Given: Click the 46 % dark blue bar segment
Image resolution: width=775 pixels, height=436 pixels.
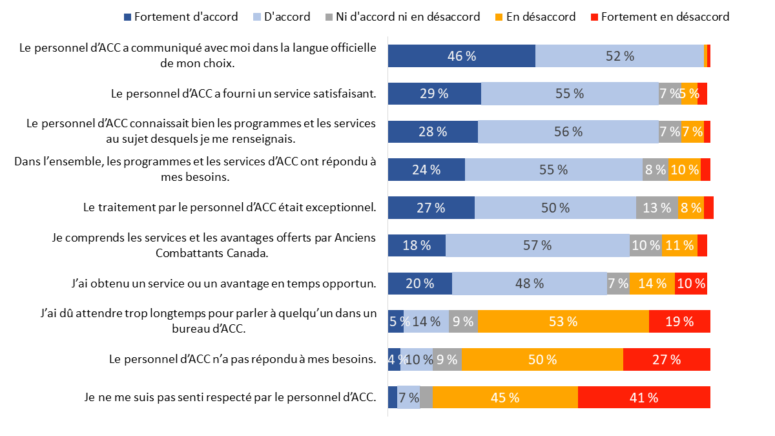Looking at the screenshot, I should coord(461,56).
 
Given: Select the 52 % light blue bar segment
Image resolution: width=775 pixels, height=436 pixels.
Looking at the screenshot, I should coord(619,56).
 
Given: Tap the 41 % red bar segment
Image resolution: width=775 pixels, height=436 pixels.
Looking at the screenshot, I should coord(644,397).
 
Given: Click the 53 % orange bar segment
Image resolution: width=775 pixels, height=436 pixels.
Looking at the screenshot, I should coord(563,321).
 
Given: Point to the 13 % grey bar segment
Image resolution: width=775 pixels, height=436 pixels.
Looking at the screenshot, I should coord(657,208).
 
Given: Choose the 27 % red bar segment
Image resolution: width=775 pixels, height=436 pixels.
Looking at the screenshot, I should coord(666,359).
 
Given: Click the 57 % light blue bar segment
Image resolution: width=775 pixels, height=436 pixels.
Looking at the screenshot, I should coord(537,245).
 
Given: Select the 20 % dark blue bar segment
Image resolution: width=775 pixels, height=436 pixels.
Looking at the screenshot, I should coord(420,284).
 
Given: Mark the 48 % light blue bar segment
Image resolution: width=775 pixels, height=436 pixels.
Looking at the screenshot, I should coord(530,284).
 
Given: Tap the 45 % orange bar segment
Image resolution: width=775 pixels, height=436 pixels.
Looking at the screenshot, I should coord(505,397).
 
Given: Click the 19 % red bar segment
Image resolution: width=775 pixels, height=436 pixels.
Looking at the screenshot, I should coord(679,321).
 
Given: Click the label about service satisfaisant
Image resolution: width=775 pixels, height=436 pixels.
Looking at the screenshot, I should coord(243,94).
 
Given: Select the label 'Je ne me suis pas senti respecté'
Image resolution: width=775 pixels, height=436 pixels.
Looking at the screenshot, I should coord(230,397).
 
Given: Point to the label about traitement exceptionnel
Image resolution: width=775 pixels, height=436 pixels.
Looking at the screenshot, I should coord(230,208).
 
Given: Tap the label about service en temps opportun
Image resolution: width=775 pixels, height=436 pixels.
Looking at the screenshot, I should coord(223,284).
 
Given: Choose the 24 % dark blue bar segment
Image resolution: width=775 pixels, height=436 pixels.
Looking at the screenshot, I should coord(426,170).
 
